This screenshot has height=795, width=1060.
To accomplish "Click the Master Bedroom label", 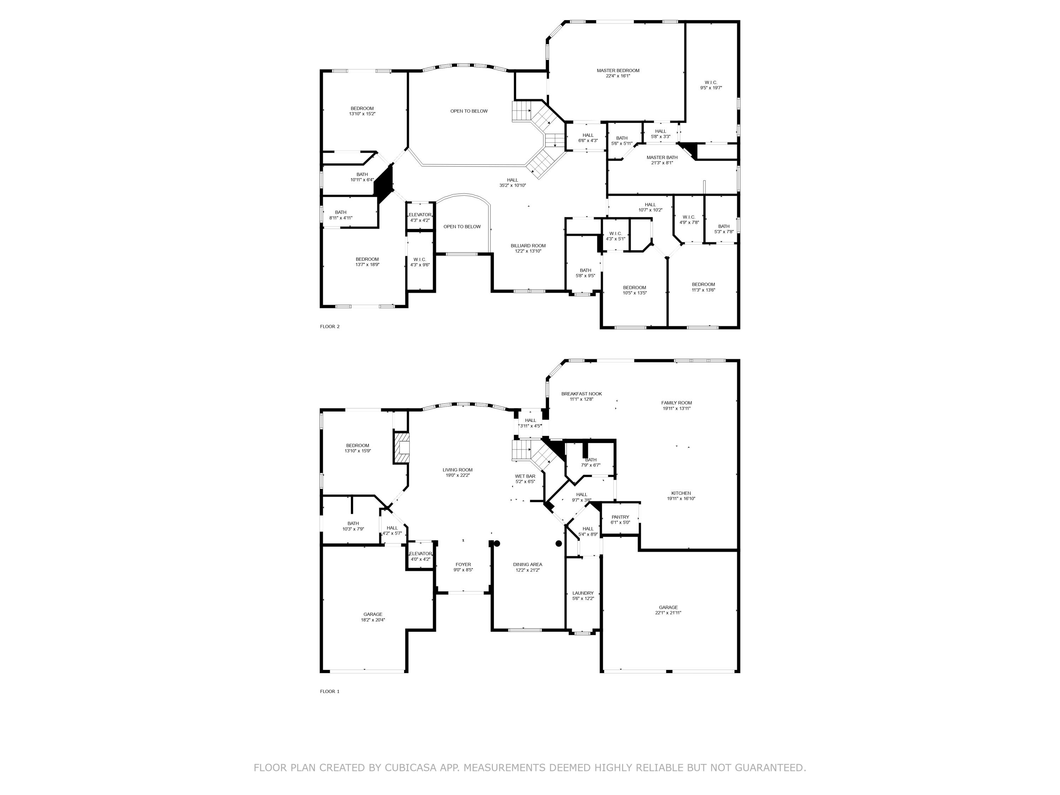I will click(x=618, y=70).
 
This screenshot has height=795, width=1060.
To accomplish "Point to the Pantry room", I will click(x=620, y=519).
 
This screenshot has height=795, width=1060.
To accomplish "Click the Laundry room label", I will click(x=583, y=593).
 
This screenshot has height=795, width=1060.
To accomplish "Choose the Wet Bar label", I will click(x=525, y=476).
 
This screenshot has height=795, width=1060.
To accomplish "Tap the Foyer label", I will click(x=463, y=565).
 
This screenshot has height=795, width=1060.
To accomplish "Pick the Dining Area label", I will click(x=527, y=565).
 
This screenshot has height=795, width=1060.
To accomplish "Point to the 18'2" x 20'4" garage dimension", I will click(x=373, y=620).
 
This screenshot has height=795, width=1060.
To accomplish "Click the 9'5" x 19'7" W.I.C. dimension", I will click(x=711, y=88).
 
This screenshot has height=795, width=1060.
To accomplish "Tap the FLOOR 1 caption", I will click(x=330, y=691).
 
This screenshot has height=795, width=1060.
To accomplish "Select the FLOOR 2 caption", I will click(x=330, y=327).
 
